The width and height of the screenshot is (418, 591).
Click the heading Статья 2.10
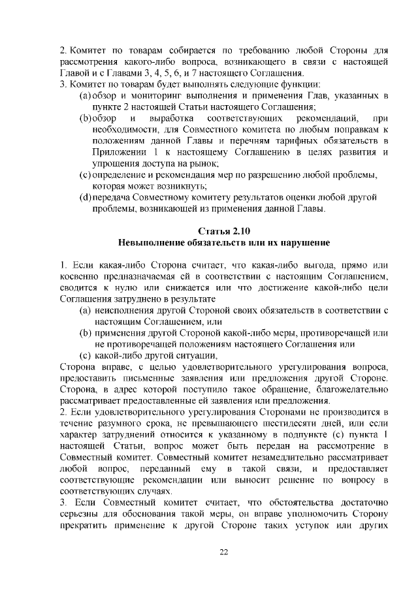(223, 231)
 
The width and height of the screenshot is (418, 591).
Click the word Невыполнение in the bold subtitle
(151, 242)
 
